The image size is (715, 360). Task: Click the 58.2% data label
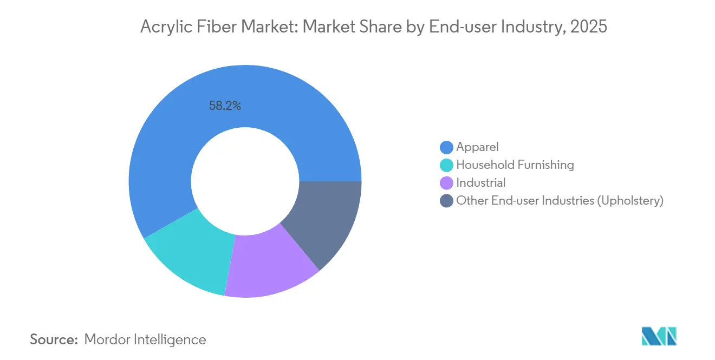(225, 106)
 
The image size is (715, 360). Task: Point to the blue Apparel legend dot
(446, 147)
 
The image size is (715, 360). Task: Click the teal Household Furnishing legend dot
(446, 165)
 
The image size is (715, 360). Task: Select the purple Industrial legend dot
(446, 182)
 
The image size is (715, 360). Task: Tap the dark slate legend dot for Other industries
(446, 200)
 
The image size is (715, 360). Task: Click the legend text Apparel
(477, 147)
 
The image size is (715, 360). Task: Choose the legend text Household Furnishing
(515, 165)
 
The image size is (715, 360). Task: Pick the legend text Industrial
(480, 182)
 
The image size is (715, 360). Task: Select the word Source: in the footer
(54, 339)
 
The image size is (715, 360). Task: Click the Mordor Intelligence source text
(145, 339)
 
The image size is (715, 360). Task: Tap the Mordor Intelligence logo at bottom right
(659, 336)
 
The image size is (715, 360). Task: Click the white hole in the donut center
(245, 181)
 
